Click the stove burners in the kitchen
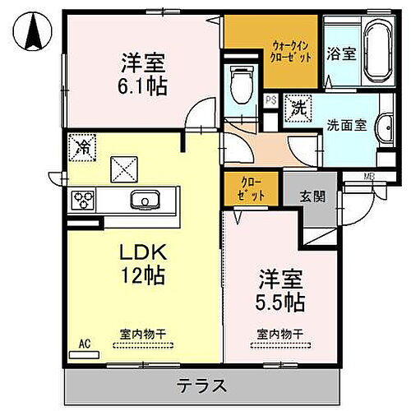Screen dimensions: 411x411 click(x=84, y=200)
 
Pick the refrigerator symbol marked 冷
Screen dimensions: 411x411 click(x=81, y=147)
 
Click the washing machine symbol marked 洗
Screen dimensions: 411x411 click(x=297, y=107)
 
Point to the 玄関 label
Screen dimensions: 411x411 click(x=312, y=196)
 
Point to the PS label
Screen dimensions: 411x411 click(x=270, y=100)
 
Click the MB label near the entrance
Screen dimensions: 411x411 click(x=369, y=176)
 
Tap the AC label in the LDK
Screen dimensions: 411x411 click(x=83, y=344)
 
